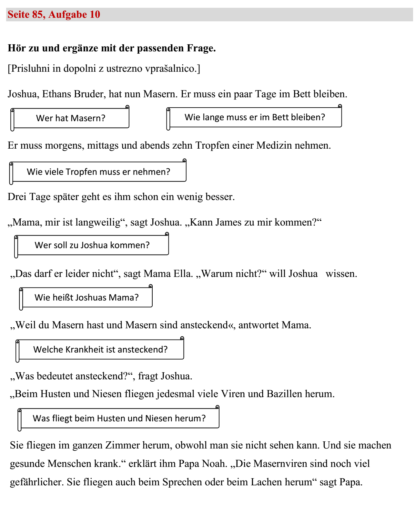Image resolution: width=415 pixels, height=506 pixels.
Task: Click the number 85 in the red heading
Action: pyautogui.click(x=38, y=15)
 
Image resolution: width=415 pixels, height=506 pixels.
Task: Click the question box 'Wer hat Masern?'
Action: pyautogui.click(x=70, y=118)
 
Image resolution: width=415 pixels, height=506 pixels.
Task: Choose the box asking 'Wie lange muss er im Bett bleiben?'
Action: pyautogui.click(x=254, y=117)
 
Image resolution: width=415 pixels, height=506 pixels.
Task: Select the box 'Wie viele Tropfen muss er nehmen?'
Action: pyautogui.click(x=98, y=172)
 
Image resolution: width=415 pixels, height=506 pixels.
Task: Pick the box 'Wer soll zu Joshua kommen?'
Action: pyautogui.click(x=92, y=245)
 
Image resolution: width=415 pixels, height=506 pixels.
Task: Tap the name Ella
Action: pyautogui.click(x=183, y=274)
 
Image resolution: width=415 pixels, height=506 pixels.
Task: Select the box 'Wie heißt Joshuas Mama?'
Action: pyautogui.click(x=86, y=298)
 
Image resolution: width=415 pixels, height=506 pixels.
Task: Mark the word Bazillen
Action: pyautogui.click(x=284, y=394)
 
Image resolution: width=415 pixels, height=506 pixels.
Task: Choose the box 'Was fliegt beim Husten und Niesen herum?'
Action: pyautogui.click(x=119, y=418)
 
